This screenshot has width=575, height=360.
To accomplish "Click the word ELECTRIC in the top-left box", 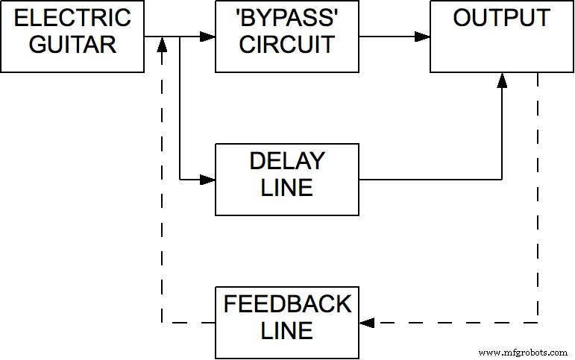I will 72,18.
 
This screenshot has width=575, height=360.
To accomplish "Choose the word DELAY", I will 286,161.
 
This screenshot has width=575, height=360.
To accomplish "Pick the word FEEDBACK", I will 286,304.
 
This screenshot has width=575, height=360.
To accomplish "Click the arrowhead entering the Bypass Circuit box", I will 208,36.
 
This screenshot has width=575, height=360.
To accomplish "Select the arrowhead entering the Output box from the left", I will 423,36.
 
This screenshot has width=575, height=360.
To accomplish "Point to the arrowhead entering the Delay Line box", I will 208,179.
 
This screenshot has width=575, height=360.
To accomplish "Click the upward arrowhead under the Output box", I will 502,80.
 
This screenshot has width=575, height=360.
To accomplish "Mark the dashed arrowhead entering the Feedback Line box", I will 366,323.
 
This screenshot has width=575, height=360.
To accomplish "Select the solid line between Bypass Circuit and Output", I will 388,36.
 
